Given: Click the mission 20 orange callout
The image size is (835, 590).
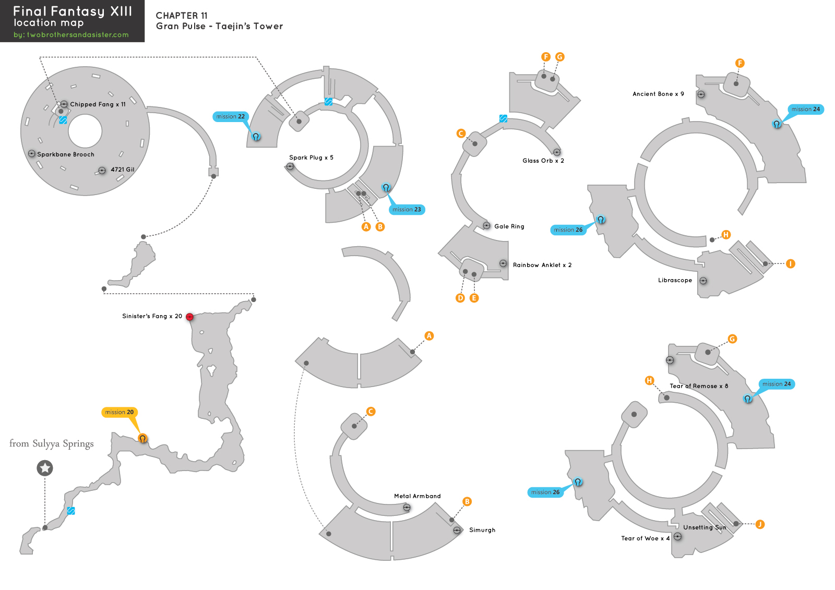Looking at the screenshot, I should coord(119,412).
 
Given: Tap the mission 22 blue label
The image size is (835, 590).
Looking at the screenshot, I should coord(230,116).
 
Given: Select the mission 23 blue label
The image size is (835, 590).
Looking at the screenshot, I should coord(407,209).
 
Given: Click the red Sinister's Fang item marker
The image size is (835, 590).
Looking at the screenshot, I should coord(189,317).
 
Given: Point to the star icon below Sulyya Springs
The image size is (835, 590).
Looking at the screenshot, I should coord(45,468).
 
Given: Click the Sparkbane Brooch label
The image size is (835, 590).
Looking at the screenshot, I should coord(66,154).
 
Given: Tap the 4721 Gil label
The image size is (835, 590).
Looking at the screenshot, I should coord(122,170).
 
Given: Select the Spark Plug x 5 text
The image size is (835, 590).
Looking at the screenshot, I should coord(311,158).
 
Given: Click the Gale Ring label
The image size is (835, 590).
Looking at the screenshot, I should coord(509,226).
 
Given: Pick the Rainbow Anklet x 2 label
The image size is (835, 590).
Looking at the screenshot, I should coord(542,265).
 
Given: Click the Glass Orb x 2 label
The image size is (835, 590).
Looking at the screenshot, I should coord(543,161).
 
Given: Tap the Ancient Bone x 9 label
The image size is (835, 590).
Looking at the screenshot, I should coord(658,94).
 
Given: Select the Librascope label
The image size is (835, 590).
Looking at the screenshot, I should coord(675,280).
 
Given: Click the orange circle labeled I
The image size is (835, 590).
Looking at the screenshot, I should coord(790,264).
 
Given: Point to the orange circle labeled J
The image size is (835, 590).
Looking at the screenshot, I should coord(760,524).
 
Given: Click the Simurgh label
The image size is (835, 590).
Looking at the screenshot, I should coord(482,530).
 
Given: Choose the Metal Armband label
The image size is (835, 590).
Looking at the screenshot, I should coord(417,496).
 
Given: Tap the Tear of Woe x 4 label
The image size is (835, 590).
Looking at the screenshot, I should coord(645,538).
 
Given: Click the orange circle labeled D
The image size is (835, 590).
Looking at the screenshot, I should coord(460,298).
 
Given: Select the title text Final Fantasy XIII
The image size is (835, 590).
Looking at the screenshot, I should coord(73,11).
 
